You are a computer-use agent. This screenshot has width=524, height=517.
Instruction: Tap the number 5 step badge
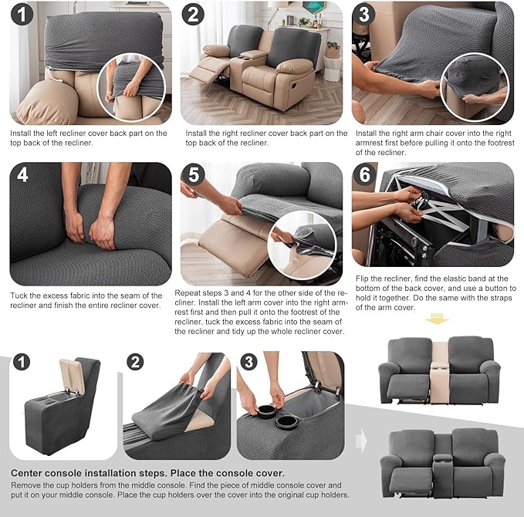point(194,176)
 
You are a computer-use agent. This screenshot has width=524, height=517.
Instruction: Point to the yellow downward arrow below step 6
point(438,319)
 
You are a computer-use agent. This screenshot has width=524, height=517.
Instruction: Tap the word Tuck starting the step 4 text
point(21,296)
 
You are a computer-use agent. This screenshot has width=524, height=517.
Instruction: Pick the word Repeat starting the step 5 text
point(195,292)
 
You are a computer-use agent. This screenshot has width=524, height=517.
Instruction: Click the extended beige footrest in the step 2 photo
point(206,75)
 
